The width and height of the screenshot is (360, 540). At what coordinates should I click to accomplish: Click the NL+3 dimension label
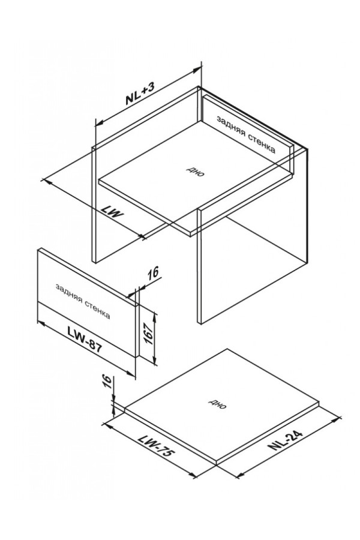pyautogui.click(x=139, y=94)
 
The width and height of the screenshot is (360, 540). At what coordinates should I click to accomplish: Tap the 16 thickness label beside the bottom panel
pyautogui.click(x=107, y=382)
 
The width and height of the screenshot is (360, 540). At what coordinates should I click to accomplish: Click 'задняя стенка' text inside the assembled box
pyautogui.click(x=245, y=134)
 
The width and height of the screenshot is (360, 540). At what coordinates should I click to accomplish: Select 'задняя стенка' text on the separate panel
pyautogui.click(x=83, y=301)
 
